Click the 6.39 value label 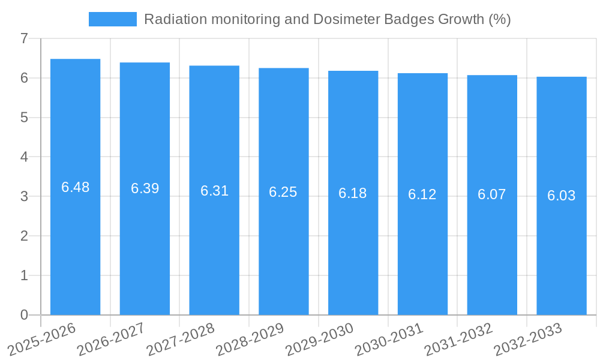tap(145, 188)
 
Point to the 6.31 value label tap(214, 191)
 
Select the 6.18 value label tap(353, 193)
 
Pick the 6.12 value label tap(422, 194)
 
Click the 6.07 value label tap(492, 194)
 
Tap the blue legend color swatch tap(113, 19)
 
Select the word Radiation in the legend tap(172, 19)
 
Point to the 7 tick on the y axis tap(24, 38)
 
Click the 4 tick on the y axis tap(24, 157)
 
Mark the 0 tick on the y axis tap(24, 315)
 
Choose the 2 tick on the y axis tap(24, 236)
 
